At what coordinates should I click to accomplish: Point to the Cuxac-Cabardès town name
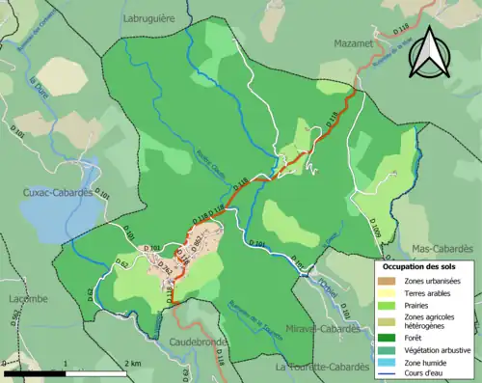pyautogui.click(x=59, y=191)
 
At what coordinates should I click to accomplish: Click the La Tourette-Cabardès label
pyautogui.click(x=322, y=367)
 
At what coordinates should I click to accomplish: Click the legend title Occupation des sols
pyautogui.click(x=420, y=265)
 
